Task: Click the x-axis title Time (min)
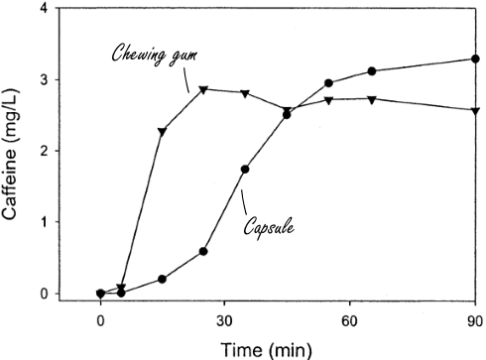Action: click(265, 347)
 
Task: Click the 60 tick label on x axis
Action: click(348, 321)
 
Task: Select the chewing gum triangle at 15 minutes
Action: click(163, 131)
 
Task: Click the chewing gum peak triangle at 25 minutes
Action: click(203, 89)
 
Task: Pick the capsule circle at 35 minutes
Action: click(245, 169)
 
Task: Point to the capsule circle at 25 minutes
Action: click(203, 251)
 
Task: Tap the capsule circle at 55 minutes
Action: click(329, 83)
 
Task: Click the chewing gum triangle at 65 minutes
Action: click(371, 99)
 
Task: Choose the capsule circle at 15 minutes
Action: click(163, 279)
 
